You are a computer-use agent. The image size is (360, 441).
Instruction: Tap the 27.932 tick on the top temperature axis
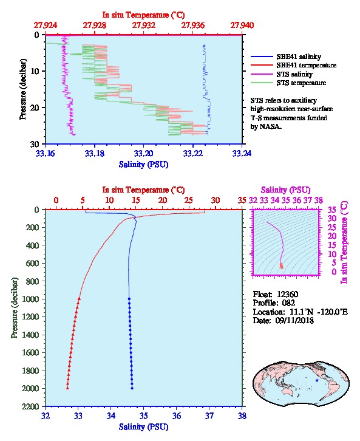click(144, 26)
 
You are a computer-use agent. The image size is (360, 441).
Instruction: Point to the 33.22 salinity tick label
click(193, 153)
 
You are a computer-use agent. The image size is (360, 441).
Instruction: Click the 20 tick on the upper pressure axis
click(35, 108)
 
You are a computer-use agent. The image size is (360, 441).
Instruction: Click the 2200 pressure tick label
click(30, 406)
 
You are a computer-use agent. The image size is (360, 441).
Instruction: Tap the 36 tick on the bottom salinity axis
click(177, 415)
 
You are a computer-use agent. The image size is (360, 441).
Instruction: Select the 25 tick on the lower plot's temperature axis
click(189, 200)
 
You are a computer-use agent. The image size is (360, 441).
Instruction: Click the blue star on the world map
click(317, 380)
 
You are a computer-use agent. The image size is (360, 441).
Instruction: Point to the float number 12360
click(287, 294)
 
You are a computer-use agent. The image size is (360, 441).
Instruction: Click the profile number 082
click(288, 303)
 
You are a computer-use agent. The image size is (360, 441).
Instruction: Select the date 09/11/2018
click(294, 320)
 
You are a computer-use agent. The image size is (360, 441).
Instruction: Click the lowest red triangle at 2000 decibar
click(67, 388)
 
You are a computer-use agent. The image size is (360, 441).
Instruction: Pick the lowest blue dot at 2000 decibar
click(132, 388)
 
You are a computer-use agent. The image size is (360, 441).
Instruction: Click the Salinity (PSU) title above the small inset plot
click(285, 190)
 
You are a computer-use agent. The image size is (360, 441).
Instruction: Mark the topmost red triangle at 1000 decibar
click(80, 299)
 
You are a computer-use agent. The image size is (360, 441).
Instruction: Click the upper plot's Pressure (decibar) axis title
click(23, 89)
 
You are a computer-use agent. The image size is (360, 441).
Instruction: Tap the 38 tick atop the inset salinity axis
click(318, 200)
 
